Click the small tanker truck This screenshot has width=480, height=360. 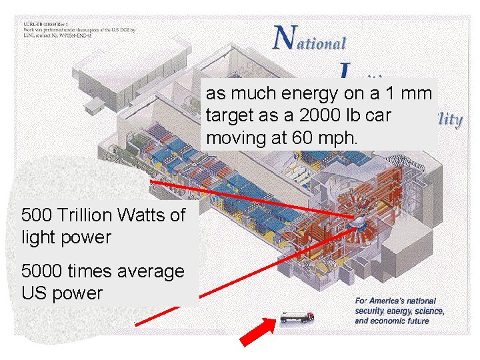click(296, 316)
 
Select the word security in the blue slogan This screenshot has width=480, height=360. click(373, 311)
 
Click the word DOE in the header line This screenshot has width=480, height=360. click(124, 30)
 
